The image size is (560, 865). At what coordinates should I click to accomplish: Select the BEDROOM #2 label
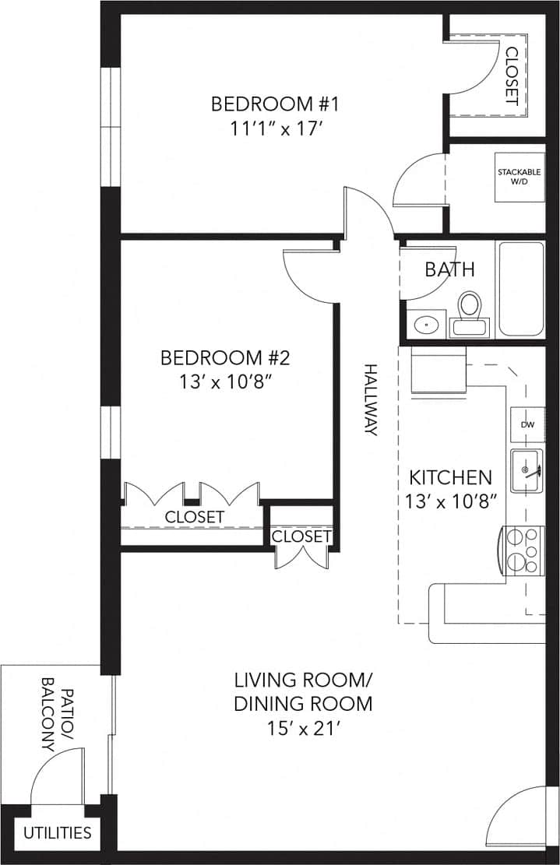225,358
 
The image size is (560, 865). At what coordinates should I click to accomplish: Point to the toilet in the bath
469,313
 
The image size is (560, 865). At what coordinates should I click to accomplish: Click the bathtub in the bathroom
521,289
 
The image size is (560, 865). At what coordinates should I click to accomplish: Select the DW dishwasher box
527,425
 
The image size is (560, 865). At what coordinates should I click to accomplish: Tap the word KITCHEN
451,477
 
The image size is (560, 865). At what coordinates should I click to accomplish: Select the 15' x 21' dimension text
303,730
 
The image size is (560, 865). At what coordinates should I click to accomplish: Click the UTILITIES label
57,832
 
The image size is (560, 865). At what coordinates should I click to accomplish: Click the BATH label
449,269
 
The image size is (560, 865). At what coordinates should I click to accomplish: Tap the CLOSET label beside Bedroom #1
512,76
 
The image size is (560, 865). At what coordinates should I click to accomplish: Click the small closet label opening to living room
301,536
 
